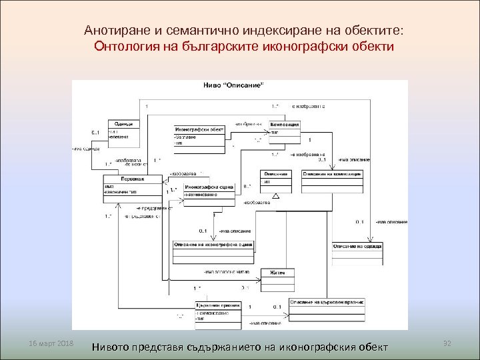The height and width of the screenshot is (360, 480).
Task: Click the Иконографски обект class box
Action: [x=199, y=135]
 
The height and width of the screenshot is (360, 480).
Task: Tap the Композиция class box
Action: [x=285, y=128]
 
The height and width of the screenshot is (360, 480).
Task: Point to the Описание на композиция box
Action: [x=332, y=173]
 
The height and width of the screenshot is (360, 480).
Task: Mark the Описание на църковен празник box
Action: [x=327, y=302]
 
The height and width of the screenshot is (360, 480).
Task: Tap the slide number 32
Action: [x=447, y=342]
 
